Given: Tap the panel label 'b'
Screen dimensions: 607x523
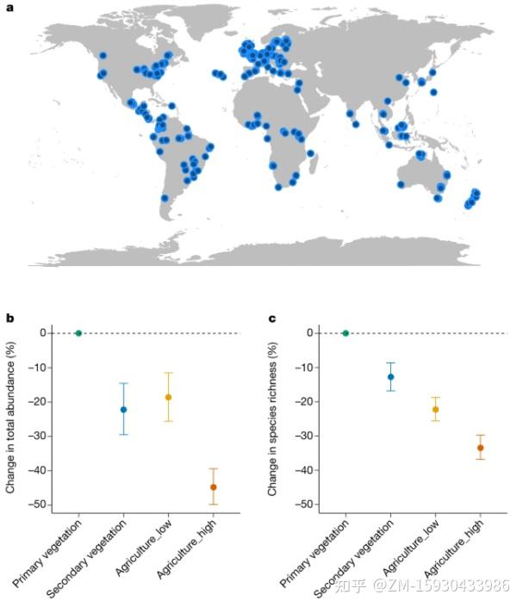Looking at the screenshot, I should point(10,319).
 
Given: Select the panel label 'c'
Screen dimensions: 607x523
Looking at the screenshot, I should point(271,319).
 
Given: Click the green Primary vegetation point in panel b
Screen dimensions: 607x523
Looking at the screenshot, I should point(78,333).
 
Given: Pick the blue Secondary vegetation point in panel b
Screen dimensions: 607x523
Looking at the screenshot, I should point(123,409).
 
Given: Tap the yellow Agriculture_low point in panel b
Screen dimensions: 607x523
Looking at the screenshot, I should point(168,397).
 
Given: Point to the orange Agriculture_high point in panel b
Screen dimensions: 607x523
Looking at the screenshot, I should point(213,487).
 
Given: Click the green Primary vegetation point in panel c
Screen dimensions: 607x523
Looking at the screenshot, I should point(346,333).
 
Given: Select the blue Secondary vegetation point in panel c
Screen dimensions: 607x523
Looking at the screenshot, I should point(390,376).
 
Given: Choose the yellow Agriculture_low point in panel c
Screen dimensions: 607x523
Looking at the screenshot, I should point(435,409).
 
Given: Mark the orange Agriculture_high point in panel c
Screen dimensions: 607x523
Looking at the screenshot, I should point(480,448).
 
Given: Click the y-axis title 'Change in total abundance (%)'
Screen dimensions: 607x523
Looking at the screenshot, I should point(11,419).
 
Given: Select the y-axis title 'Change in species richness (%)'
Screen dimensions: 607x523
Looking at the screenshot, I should point(273,419).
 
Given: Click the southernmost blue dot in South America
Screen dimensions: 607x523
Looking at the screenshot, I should point(165,198).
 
